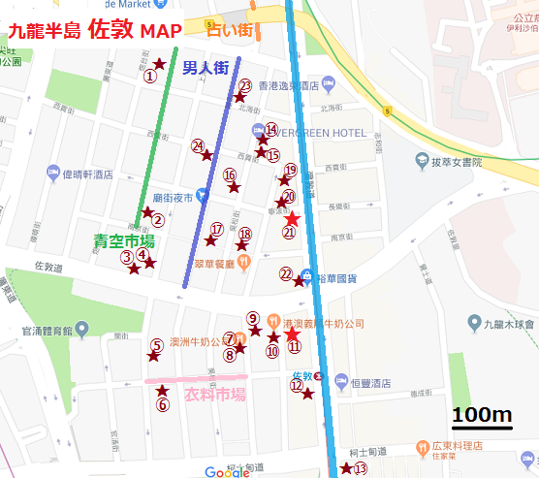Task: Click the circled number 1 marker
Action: click(149, 75)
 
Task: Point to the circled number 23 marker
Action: click(245, 85)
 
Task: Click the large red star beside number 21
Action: click(292, 220)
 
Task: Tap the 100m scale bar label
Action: click(482, 415)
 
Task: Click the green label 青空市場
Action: click(124, 239)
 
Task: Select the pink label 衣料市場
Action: click(213, 395)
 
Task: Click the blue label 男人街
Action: click(206, 68)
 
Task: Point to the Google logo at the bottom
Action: click(227, 472)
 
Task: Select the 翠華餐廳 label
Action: click(216, 263)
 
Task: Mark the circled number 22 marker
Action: click(286, 273)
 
